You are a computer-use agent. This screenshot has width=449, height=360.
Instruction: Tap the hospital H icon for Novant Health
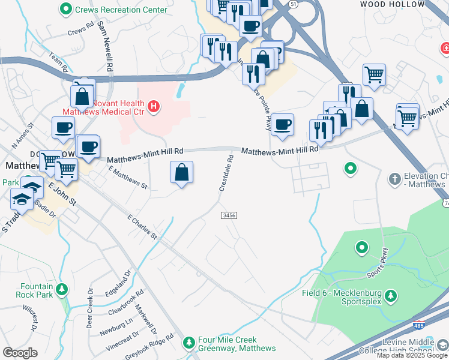[154, 107]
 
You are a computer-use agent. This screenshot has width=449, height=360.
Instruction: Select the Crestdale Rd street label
[226, 173]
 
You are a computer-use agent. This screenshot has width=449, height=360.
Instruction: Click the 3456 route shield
[228, 215]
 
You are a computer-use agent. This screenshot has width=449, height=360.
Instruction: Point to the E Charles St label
[142, 227]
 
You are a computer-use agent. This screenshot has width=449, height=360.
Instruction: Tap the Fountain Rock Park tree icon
[62, 292]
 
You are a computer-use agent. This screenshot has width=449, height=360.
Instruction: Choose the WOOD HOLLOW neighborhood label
[384, 4]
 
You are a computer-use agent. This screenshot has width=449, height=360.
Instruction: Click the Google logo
[20, 353]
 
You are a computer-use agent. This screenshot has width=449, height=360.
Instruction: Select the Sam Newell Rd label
[104, 41]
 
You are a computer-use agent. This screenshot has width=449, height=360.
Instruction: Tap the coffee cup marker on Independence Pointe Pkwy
[282, 124]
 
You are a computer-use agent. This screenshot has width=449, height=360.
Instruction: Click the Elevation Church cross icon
[394, 178]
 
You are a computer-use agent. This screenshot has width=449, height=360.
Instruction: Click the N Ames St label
[23, 137]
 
